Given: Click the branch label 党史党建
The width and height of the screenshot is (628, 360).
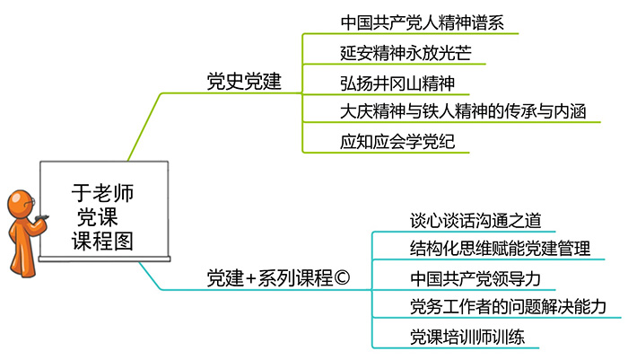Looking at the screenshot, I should pos(243,83).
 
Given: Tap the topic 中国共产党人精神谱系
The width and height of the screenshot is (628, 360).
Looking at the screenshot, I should pos(416,21).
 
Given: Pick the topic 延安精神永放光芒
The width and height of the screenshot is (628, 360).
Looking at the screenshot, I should pos(400,51).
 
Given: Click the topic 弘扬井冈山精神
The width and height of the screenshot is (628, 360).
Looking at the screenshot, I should pos(394,83).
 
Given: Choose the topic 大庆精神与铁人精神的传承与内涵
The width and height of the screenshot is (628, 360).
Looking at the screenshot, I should pos(464,112).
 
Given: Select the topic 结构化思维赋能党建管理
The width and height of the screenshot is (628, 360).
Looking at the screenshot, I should pos(499,248).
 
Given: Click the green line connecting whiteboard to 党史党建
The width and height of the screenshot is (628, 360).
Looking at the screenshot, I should pos(144,126).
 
